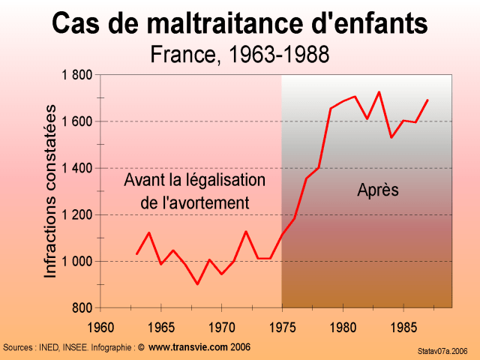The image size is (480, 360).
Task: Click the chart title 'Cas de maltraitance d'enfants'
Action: point(240,24)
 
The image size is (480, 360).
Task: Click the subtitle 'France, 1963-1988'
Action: point(240,55)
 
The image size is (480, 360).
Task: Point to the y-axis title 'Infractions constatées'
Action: point(51,191)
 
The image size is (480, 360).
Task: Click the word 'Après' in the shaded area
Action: point(377,190)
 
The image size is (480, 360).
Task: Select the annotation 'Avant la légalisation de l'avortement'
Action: point(194,192)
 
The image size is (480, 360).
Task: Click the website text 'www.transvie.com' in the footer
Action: point(187,347)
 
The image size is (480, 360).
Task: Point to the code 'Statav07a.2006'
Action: point(442,350)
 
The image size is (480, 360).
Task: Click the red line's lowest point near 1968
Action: point(197,283)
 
